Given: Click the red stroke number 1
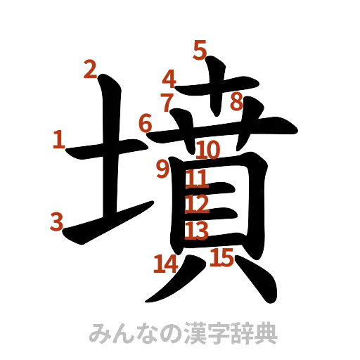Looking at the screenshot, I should pos(59,140).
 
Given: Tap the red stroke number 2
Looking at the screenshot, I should pos(89,70).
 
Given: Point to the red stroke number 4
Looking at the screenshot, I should pos(169,78).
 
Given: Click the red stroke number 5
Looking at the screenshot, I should pos(200,50).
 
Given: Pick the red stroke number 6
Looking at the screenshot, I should pos(145,124).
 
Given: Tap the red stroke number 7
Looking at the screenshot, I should pos(167,103).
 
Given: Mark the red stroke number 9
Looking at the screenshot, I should pos(163,168).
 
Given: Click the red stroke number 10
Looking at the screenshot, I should pos(208,149).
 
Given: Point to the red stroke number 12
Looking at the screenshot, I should pos(197,205).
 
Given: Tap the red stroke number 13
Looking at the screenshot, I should pos(198,231).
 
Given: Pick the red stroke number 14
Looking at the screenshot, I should pos(165,264).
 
